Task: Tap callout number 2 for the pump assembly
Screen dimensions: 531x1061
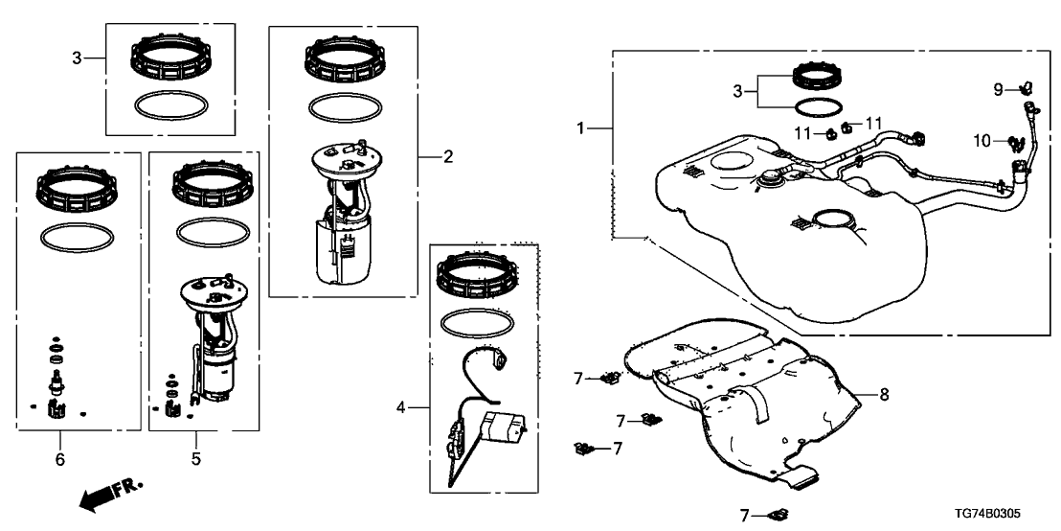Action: [x=447, y=156]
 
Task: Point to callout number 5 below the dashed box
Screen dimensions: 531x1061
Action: [x=195, y=459]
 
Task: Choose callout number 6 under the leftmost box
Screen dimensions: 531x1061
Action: [x=59, y=460]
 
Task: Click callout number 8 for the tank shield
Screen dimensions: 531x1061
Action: [x=884, y=394]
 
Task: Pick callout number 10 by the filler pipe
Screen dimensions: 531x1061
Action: [x=982, y=141]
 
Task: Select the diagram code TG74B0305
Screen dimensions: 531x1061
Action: [x=1013, y=516]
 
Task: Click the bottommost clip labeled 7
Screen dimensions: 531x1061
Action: [x=777, y=515]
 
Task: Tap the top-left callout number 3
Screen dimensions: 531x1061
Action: [x=77, y=58]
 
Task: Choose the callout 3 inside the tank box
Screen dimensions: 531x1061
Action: [x=737, y=91]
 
